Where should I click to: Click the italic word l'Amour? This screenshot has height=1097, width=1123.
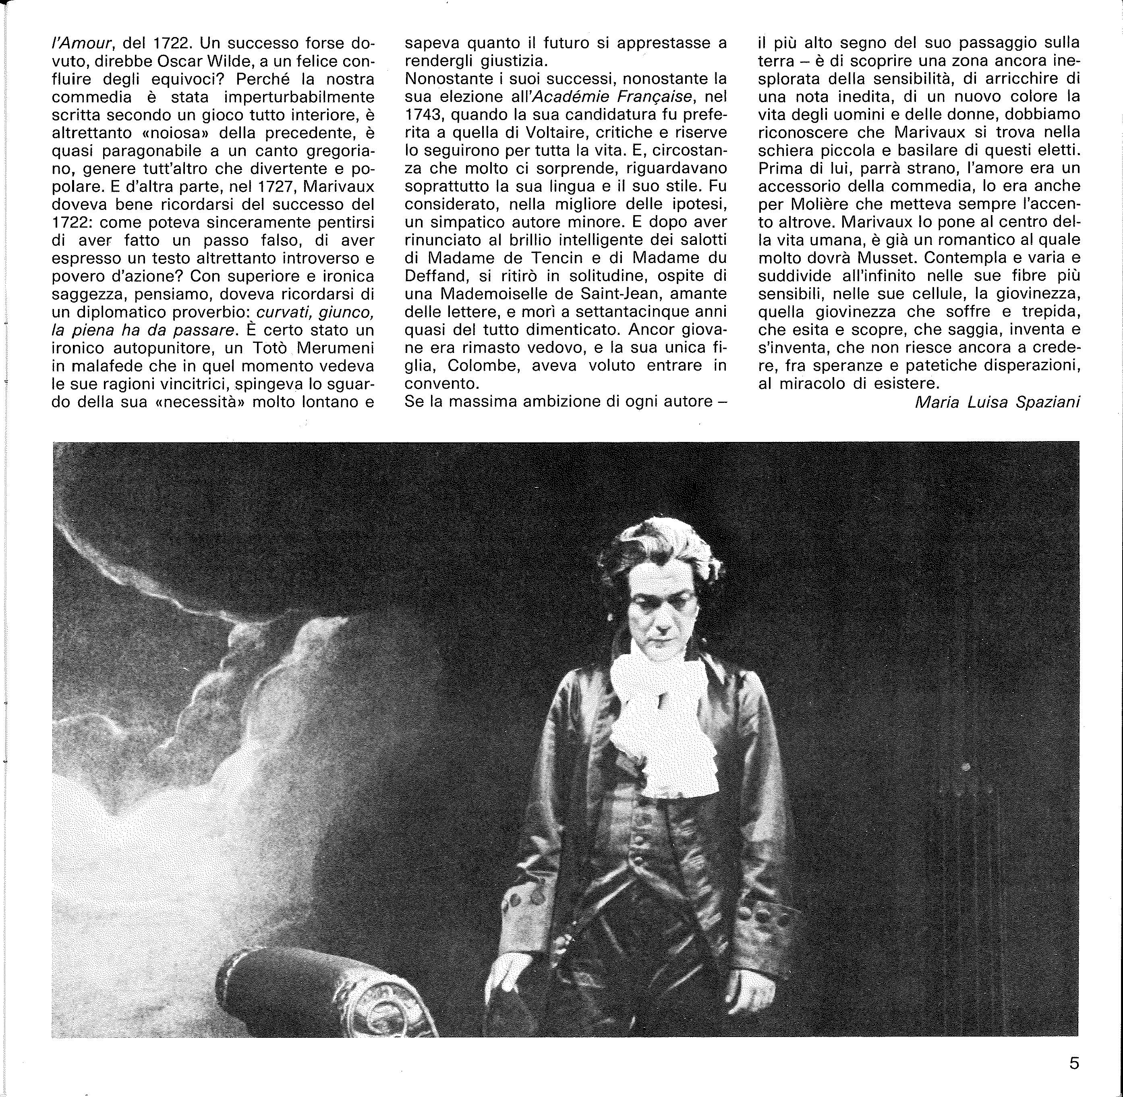click(81, 44)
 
